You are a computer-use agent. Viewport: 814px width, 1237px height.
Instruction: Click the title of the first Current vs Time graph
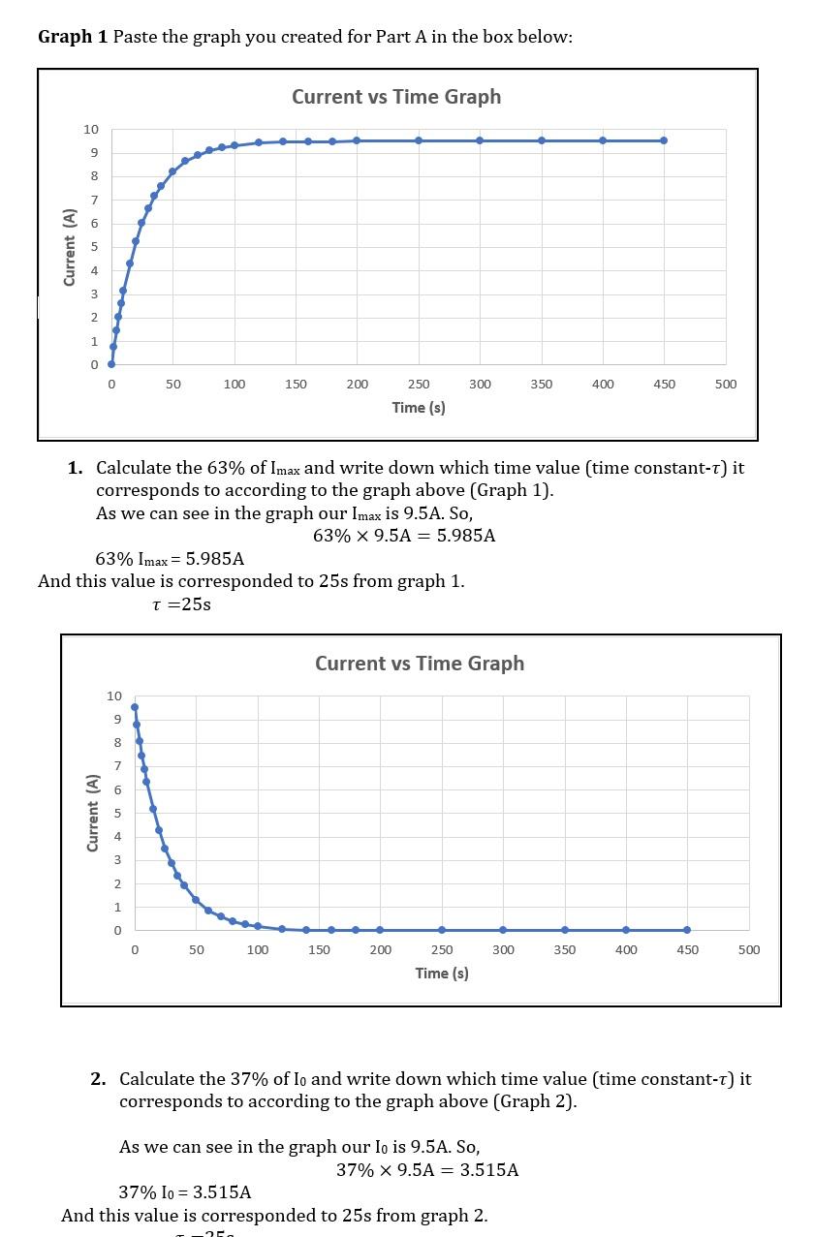click(x=396, y=97)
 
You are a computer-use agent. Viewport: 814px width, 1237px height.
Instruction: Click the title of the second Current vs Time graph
click(x=420, y=664)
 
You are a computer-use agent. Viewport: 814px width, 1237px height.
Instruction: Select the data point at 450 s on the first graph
click(x=664, y=140)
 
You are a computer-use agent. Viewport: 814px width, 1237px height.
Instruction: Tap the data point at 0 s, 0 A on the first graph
click(x=111, y=364)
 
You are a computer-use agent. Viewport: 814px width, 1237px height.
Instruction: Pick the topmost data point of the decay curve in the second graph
click(x=135, y=707)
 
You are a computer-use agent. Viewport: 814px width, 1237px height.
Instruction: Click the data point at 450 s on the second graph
click(x=687, y=930)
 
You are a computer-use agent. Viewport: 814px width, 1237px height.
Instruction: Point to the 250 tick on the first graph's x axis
click(x=419, y=385)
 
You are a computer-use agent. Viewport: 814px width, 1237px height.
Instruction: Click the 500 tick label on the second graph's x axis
click(x=749, y=950)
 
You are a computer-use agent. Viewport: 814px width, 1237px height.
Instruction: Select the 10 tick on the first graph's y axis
click(x=90, y=130)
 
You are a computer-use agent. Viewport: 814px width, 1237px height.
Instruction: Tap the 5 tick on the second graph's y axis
click(x=117, y=814)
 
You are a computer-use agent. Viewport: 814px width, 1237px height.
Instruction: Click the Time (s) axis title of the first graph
click(x=419, y=408)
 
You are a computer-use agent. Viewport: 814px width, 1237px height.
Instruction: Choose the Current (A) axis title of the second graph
click(x=93, y=813)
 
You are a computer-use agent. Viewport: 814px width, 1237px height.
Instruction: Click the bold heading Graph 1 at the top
click(x=73, y=37)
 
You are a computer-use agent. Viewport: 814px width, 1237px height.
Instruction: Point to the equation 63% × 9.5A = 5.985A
click(x=404, y=536)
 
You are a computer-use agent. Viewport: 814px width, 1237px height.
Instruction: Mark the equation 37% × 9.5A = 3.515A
click(x=427, y=1170)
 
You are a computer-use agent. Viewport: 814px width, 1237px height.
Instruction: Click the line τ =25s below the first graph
click(x=181, y=605)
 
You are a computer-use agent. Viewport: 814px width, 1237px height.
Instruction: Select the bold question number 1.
click(x=76, y=469)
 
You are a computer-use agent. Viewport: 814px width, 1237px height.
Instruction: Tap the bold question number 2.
click(x=99, y=1079)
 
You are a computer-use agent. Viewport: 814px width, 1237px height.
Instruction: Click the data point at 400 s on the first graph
click(x=603, y=140)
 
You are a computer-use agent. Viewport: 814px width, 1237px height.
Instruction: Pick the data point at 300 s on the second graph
click(x=503, y=930)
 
